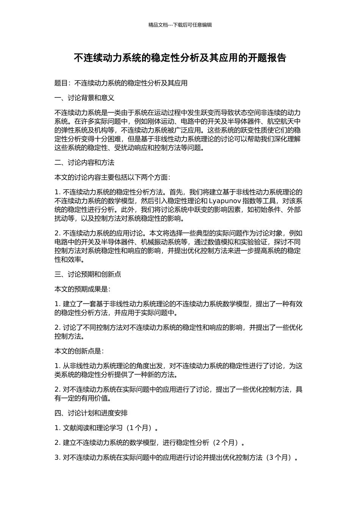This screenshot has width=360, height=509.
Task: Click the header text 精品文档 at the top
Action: pyautogui.click(x=158, y=25)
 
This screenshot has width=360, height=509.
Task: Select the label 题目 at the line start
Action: pyautogui.click(x=61, y=83)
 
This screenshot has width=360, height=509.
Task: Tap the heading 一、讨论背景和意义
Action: pyautogui.click(x=85, y=98)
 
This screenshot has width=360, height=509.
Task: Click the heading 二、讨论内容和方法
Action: pyautogui.click(x=85, y=162)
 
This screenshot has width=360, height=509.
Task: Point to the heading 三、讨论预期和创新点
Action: pyautogui.click(x=88, y=274)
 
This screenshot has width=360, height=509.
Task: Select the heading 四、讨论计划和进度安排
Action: pyautogui.click(x=91, y=413)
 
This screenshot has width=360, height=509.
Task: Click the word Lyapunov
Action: pyautogui.click(x=225, y=201)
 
